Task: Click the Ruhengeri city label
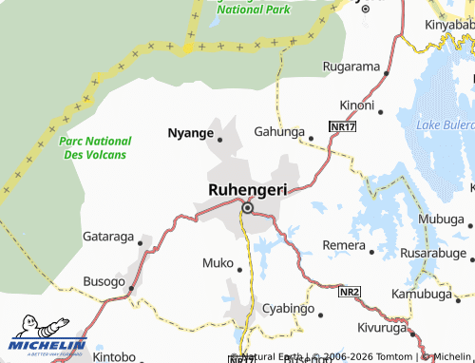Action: (x=247, y=188)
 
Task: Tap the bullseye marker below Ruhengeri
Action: (x=248, y=207)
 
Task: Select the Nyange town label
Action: (x=190, y=133)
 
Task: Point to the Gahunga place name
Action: (x=278, y=132)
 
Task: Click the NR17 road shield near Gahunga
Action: (x=342, y=125)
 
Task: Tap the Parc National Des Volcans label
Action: (x=92, y=147)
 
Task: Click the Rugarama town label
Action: (x=351, y=68)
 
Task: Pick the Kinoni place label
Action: (x=357, y=105)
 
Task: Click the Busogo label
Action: (x=104, y=281)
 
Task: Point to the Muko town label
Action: (x=218, y=262)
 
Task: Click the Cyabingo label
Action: (x=288, y=310)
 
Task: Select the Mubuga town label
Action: (x=439, y=219)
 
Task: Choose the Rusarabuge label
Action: (x=433, y=254)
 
